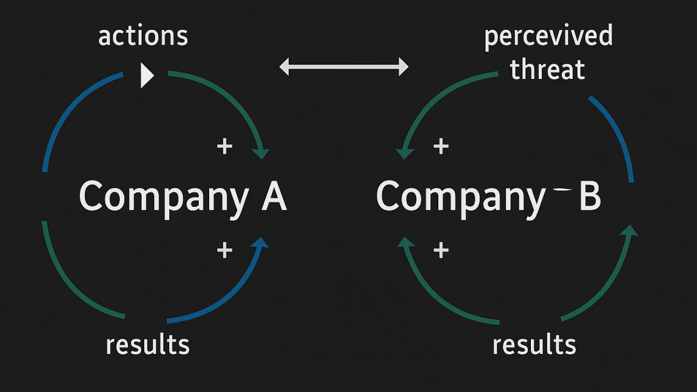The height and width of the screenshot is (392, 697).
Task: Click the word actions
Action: (x=143, y=36)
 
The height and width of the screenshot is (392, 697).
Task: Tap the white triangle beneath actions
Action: (x=146, y=75)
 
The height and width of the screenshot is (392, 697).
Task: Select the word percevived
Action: (x=548, y=36)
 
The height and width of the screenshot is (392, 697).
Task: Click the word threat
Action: (x=547, y=70)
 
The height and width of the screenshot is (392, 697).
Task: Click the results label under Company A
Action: (x=148, y=345)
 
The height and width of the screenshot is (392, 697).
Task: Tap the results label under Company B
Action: (x=534, y=345)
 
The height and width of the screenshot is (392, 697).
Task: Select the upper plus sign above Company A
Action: (x=224, y=146)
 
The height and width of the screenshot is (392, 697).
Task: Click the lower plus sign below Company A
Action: (x=224, y=250)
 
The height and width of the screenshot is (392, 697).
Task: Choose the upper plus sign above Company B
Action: (x=441, y=146)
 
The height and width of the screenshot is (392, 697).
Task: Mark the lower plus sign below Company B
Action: (x=441, y=250)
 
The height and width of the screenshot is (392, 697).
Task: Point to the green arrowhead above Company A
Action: (x=262, y=154)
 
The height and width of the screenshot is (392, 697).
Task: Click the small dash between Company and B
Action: (x=562, y=190)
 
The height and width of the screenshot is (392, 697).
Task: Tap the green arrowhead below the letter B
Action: (x=630, y=231)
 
